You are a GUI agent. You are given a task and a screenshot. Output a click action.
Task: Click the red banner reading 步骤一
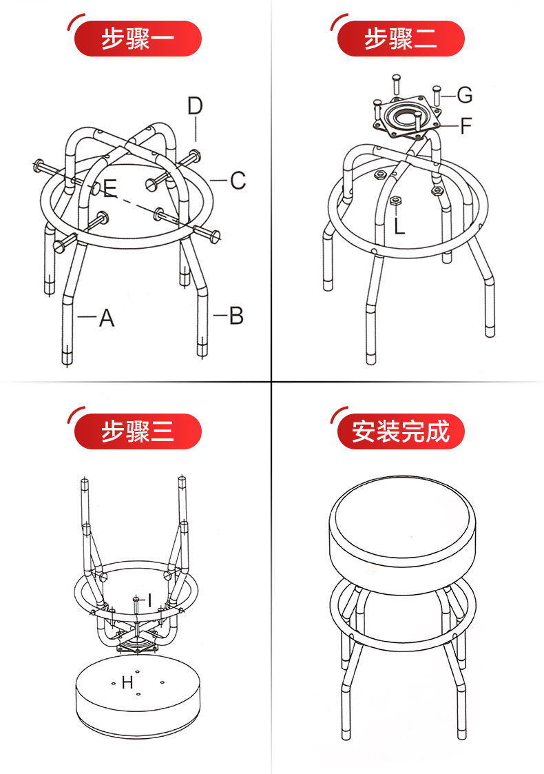coord(138,39)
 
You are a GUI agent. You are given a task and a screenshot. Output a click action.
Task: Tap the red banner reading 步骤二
coord(401,39)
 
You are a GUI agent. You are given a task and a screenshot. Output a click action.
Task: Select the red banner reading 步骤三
coord(138,431)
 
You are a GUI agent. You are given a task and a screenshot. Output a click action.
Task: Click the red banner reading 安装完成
coord(401,431)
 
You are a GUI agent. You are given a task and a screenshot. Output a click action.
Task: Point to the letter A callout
coord(107,318)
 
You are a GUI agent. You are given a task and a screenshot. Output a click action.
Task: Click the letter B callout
coord(237,315)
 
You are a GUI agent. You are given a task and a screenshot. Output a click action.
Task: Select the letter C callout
coord(238,180)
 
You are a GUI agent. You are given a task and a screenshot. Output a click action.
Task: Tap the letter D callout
coord(196,106)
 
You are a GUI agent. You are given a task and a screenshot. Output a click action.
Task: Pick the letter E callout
coord(110,187)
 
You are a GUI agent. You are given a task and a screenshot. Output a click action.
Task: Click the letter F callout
coord(466,126)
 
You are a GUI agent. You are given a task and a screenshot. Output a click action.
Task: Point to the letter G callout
coord(465,94)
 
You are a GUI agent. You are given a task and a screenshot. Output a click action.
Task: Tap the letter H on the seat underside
coord(127,682)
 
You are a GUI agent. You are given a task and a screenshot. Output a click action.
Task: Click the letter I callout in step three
coord(149,600)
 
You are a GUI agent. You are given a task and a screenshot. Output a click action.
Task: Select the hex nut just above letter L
coord(395,201)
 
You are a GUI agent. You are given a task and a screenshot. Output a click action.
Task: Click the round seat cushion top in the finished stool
coord(402,518)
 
